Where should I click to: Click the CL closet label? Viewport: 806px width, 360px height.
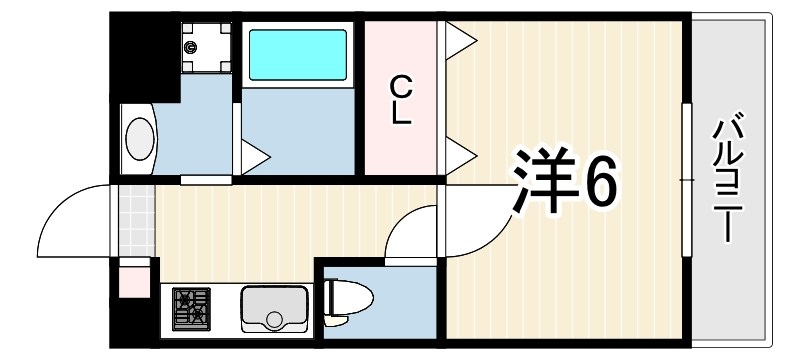[401, 99]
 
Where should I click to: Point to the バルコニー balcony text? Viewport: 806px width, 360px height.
[728, 180]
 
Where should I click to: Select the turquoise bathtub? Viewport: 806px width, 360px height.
[297, 55]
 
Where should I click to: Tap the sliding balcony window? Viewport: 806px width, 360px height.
[685, 180]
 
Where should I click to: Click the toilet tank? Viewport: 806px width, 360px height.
[332, 295]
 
